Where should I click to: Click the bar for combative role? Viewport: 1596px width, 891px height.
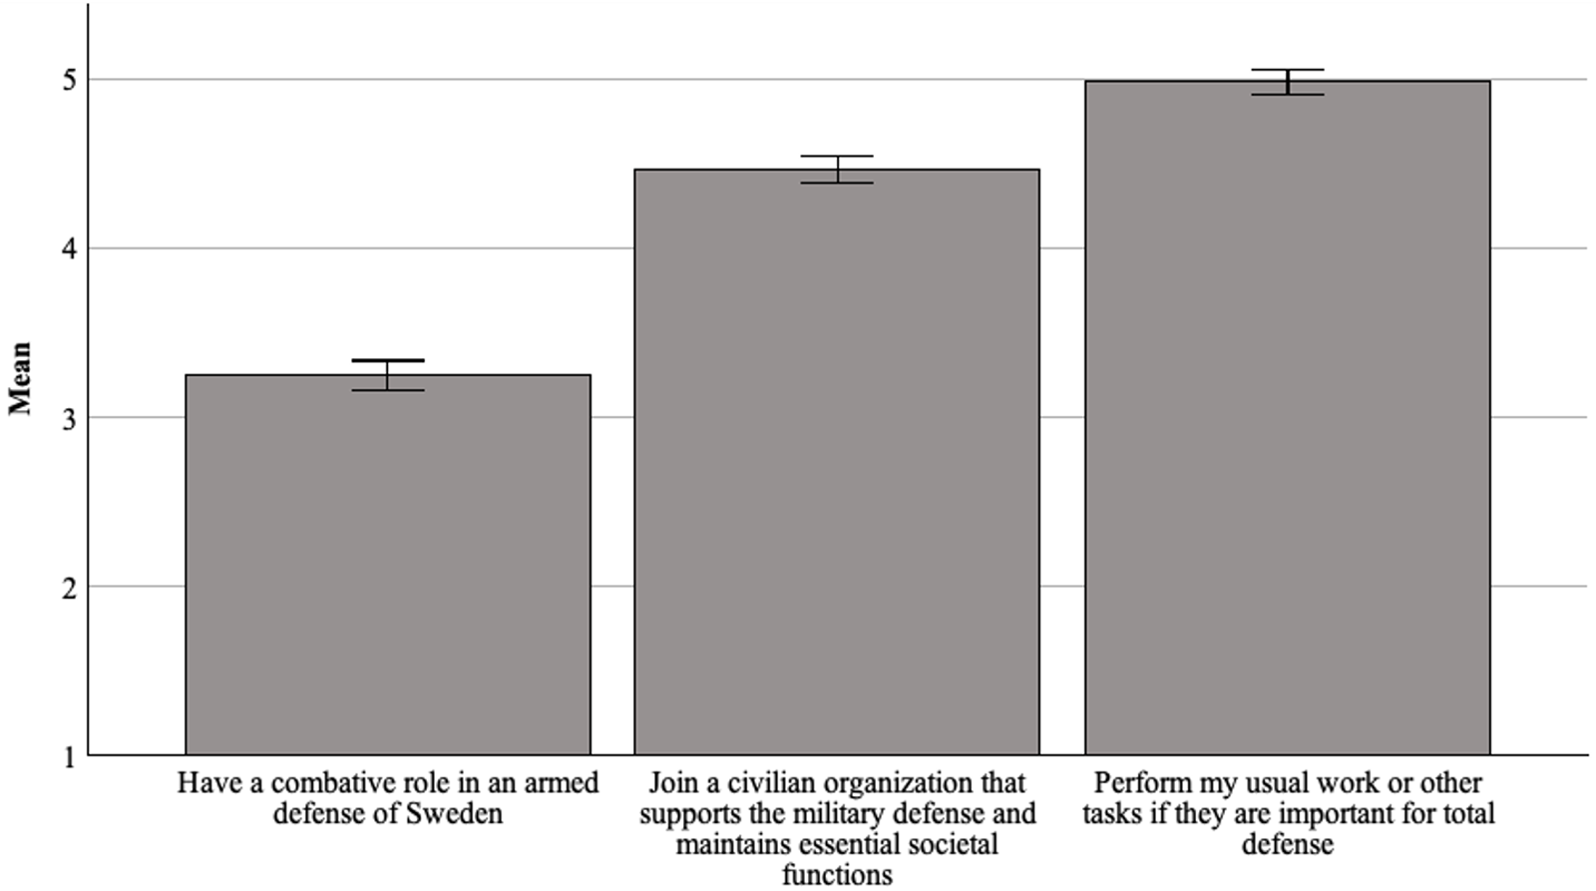[388, 564]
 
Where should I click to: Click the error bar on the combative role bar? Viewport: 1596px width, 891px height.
[388, 374]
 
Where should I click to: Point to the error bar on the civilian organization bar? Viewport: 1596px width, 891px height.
[837, 170]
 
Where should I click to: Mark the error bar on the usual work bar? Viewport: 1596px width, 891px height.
[1288, 82]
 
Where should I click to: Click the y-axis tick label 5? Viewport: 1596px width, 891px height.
[69, 80]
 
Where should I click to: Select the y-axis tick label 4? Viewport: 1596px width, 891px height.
[69, 248]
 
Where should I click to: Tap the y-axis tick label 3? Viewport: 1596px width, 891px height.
[69, 418]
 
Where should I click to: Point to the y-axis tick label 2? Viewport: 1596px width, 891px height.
[69, 588]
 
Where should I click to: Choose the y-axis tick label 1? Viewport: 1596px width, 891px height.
[69, 757]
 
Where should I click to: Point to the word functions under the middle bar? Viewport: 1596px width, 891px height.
[837, 875]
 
